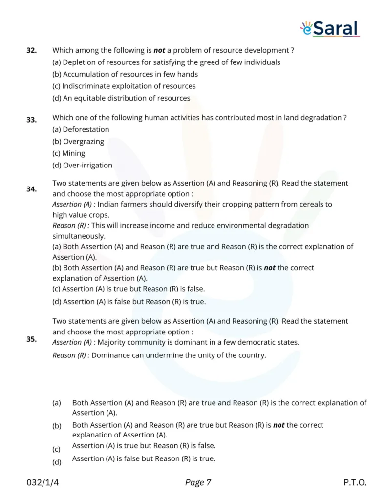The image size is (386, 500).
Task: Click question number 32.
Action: [31, 50]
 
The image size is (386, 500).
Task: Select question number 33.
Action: [31, 120]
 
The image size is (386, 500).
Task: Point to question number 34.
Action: [31, 189]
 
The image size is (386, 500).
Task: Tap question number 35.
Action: [31, 339]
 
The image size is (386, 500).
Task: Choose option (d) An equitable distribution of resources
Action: [121, 98]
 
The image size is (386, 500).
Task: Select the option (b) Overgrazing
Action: [78, 142]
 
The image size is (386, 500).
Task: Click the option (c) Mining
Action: [68, 153]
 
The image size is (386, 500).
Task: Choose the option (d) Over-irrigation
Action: [82, 166]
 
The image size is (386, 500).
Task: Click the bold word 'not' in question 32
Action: [159, 50]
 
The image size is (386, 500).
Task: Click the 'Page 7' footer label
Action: [198, 483]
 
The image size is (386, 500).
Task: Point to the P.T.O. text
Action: [355, 483]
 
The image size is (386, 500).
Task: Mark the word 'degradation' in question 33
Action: [321, 118]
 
